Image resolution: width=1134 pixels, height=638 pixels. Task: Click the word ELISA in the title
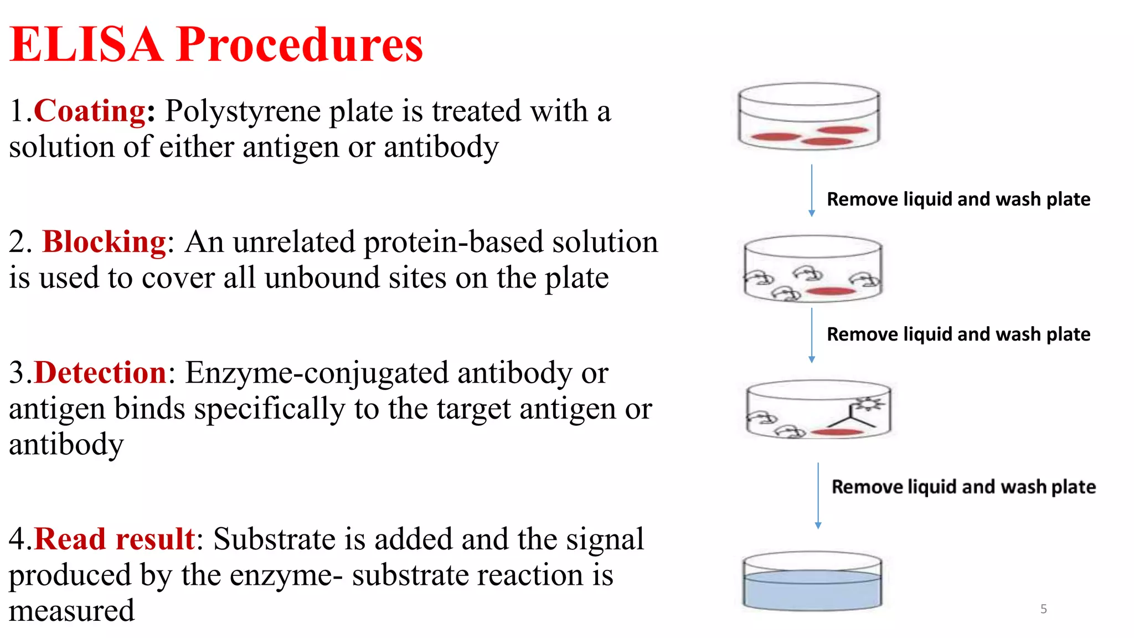86,44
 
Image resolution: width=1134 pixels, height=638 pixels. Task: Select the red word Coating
90,111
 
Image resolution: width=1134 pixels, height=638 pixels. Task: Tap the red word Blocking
104,242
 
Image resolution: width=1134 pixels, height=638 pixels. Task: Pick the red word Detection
100,373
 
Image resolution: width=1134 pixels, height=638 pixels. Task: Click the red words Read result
114,539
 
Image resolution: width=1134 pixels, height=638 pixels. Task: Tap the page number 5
1043,609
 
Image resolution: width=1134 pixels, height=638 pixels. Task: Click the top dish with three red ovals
809,116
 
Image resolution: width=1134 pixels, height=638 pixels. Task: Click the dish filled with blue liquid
812,582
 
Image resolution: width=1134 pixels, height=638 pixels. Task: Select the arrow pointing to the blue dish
818,496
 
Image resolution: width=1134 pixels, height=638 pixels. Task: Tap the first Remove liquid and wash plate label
958,199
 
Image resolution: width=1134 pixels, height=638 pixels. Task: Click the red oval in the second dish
830,291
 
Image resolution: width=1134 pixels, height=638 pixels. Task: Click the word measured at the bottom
71,611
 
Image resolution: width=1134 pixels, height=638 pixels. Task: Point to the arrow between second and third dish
812,335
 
